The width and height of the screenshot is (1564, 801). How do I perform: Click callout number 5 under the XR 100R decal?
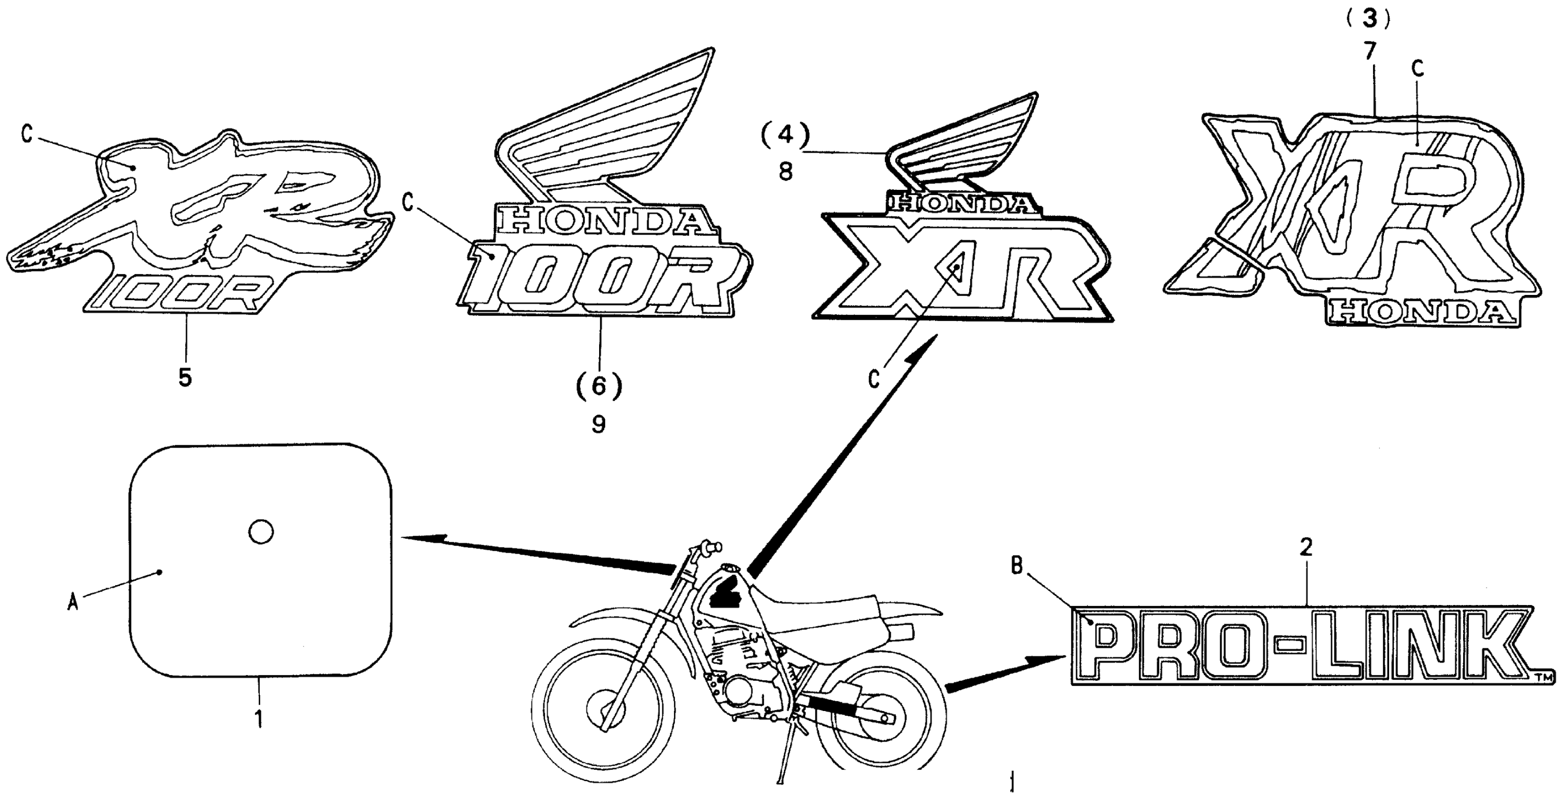[x=185, y=377]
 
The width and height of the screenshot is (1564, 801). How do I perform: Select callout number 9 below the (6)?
[x=599, y=424]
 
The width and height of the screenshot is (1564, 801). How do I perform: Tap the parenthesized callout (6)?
[x=599, y=385]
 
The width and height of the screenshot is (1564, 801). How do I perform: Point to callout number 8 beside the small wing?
[x=786, y=172]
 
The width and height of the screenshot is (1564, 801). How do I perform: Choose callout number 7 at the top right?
[x=1369, y=52]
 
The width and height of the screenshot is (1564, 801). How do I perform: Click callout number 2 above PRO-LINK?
[x=1306, y=548]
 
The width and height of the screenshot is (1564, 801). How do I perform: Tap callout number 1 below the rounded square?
[x=259, y=719]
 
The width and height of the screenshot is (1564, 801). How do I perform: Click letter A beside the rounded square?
[x=73, y=603]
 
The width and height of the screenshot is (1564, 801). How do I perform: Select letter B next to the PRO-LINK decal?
[x=1017, y=566]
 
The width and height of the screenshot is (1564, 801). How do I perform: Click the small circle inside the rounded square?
[x=261, y=532]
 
